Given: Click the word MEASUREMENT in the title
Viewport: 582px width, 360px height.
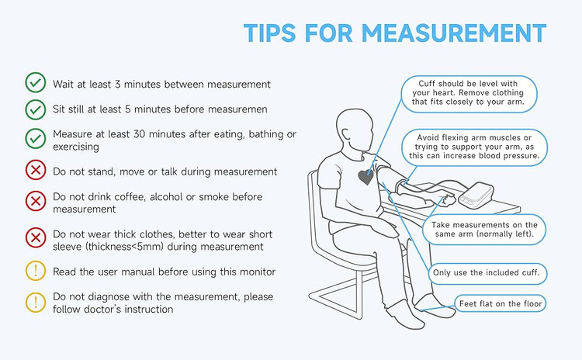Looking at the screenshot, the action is tap(454, 33).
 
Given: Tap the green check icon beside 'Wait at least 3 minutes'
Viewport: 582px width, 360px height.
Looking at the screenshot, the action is tap(36, 82).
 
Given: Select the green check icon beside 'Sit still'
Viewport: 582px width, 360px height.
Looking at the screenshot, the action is tap(36, 109).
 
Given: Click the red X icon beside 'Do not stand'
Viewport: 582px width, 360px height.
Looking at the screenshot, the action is tap(36, 171).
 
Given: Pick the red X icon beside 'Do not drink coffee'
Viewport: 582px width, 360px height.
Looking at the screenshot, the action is tap(36, 201).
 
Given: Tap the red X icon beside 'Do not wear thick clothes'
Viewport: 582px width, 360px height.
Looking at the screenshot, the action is tap(36, 237).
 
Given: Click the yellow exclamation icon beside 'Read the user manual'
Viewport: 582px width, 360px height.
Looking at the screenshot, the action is tap(36, 271).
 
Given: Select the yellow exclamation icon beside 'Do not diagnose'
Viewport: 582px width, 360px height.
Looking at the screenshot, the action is tap(36, 302).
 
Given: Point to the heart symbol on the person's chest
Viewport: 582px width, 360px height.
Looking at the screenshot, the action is tap(366, 177).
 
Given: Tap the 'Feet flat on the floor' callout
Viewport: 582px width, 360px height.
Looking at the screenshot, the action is tap(501, 303).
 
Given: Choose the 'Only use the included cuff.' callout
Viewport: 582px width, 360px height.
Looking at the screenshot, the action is tap(487, 274).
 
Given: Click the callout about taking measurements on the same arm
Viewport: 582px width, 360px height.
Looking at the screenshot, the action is tap(484, 230).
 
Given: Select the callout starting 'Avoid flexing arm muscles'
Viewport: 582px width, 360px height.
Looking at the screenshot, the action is tap(474, 147).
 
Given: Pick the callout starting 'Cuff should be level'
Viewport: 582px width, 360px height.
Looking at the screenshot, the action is tap(469, 94).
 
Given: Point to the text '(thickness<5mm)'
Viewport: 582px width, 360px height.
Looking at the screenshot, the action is tap(125, 247).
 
